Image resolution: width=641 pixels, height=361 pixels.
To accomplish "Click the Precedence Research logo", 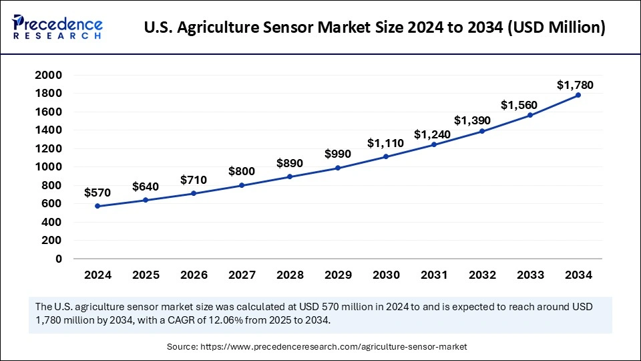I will pyautogui.click(x=57, y=27).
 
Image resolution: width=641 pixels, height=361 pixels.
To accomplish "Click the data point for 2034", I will pyautogui.click(x=578, y=95).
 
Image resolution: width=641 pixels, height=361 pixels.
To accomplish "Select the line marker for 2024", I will pyautogui.click(x=97, y=206).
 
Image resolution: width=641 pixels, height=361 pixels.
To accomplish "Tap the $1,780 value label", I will pyautogui.click(x=575, y=85).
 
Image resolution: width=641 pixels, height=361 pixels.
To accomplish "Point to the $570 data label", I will pyautogui.click(x=97, y=193).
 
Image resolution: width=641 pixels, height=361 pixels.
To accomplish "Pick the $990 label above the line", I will pyautogui.click(x=338, y=154).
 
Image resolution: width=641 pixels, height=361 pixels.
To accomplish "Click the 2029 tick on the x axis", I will pyautogui.click(x=338, y=275).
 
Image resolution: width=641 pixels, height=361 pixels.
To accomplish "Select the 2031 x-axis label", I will pyautogui.click(x=434, y=275).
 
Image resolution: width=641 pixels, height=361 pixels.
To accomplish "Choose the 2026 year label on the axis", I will pyautogui.click(x=194, y=275).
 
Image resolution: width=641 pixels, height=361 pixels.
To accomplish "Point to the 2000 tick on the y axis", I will pyautogui.click(x=49, y=76).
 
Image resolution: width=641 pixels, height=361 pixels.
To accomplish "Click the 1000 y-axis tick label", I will pyautogui.click(x=49, y=167).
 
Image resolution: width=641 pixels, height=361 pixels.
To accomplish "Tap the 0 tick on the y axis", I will pyautogui.click(x=59, y=259).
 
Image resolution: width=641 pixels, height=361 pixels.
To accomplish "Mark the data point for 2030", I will pyautogui.click(x=386, y=156).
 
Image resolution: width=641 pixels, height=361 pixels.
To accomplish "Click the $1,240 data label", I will pyautogui.click(x=432, y=134).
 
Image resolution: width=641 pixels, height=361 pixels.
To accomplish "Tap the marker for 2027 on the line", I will pyautogui.click(x=242, y=185).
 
